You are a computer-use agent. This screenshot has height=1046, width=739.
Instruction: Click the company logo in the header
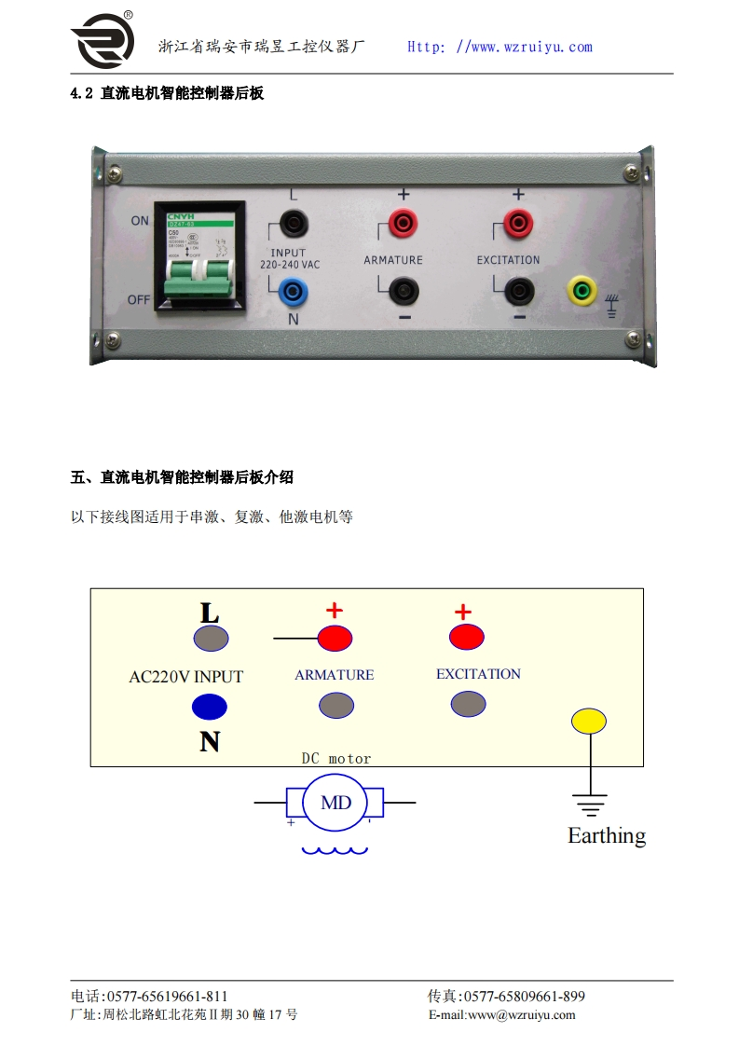(x=103, y=41)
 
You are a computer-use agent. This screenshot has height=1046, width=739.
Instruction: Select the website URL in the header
(x=500, y=47)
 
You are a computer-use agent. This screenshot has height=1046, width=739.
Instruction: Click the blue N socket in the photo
(x=294, y=293)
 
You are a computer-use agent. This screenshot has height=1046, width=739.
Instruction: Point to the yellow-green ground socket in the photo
(x=583, y=292)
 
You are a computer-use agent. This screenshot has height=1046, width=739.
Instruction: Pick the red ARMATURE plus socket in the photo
(x=403, y=222)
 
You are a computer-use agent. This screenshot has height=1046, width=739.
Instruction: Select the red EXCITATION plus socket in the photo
(x=518, y=222)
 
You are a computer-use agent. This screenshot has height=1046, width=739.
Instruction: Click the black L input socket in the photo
(x=294, y=222)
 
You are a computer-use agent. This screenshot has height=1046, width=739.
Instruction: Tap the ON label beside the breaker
(x=140, y=221)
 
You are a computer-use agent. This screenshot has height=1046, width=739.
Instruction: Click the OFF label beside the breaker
(x=140, y=299)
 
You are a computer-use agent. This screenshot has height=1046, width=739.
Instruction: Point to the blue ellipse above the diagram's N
(x=210, y=707)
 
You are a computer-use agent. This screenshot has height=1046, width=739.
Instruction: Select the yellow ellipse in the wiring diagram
(x=589, y=721)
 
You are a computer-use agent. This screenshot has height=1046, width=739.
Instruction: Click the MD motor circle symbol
(x=335, y=802)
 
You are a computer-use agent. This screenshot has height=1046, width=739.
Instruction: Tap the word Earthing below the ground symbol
(x=607, y=835)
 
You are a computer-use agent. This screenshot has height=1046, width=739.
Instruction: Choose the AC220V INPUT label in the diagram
(x=185, y=677)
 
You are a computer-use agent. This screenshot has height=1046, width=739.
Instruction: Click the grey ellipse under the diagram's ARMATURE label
(x=336, y=706)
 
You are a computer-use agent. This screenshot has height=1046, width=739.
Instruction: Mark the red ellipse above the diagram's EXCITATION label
(x=467, y=638)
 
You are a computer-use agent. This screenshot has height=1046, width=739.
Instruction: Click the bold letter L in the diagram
(x=210, y=613)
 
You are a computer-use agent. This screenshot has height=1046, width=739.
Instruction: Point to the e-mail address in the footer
(x=502, y=1015)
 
